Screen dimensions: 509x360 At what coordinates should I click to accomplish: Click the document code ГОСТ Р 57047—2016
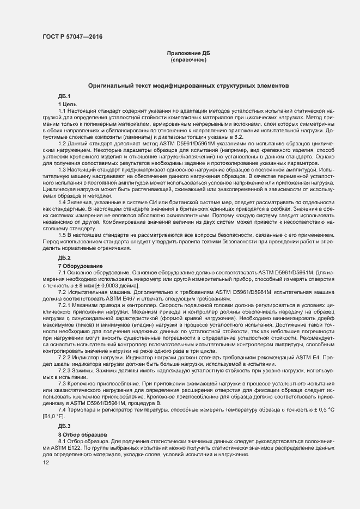pos(72,37)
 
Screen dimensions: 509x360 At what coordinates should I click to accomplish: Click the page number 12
pos(46,463)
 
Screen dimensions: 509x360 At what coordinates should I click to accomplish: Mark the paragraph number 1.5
pos(62,235)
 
